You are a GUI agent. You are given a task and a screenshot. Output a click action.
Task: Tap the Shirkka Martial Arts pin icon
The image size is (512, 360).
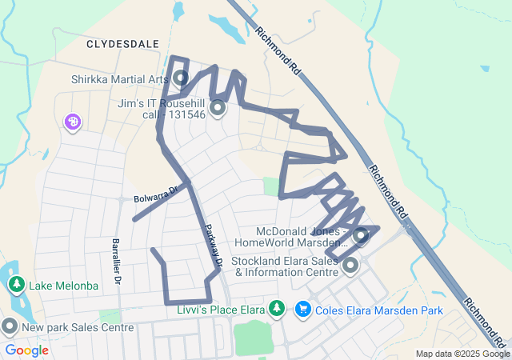tap(181, 78)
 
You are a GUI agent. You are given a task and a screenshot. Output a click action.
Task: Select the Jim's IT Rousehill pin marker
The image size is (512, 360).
tap(216, 106)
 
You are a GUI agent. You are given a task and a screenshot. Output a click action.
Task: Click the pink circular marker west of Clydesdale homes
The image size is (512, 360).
tap(72, 122)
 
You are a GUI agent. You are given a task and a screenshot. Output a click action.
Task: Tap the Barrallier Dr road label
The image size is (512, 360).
tap(116, 262)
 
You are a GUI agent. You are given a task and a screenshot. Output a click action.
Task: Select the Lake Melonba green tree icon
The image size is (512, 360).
tap(16, 285)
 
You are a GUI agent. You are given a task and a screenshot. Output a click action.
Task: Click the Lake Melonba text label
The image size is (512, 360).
tap(64, 286)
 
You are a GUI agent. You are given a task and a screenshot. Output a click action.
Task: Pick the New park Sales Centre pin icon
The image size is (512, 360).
tap(10, 326)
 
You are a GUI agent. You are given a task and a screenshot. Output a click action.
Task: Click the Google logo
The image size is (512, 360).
tap(26, 350)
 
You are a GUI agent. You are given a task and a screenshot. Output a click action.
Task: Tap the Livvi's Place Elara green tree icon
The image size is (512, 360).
tap(277, 308)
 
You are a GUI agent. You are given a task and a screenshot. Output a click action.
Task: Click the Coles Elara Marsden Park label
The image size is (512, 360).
tap(372, 310)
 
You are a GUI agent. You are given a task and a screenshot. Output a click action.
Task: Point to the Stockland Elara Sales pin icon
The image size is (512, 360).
tap(350, 265)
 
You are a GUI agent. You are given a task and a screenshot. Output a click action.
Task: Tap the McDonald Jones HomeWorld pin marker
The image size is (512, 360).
tap(360, 235)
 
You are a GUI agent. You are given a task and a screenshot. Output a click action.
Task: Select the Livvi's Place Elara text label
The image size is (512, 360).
tap(221, 310)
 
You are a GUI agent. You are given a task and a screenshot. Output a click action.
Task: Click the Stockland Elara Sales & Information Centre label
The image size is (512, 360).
tap(285, 266)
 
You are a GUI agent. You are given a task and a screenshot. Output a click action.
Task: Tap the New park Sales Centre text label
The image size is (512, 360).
tap(78, 327)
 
